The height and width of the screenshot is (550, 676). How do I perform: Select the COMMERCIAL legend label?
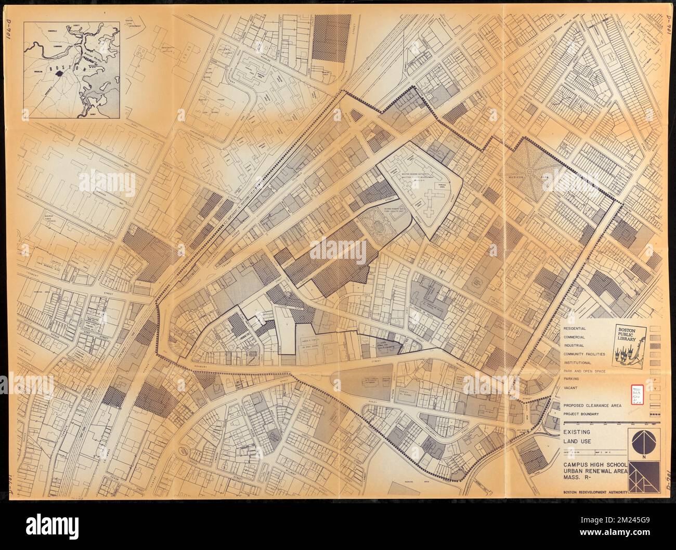click(574, 337)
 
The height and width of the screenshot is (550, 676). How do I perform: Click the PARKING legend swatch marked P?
click(655, 380)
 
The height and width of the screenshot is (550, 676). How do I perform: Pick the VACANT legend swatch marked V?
click(655, 388)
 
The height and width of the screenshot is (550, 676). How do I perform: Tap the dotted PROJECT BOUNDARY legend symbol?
click(655, 414)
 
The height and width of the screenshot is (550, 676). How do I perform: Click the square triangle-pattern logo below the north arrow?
click(644, 475)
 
